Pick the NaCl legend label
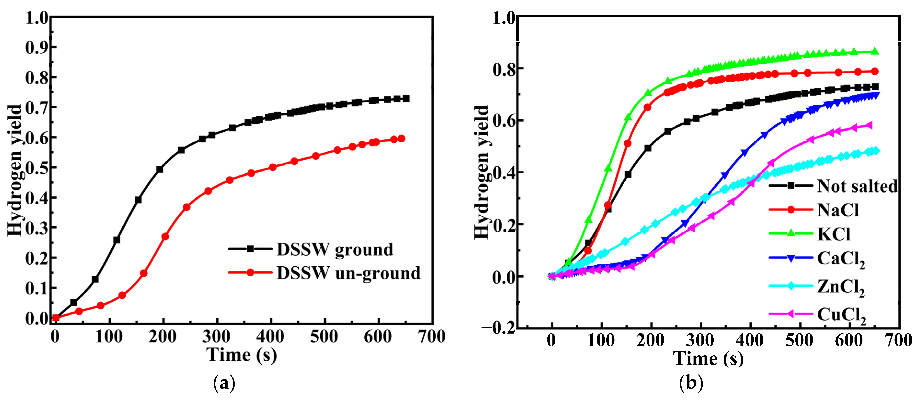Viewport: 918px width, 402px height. click(838, 210)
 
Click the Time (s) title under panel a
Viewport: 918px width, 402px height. click(242, 355)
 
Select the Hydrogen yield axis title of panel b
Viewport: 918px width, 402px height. click(482, 172)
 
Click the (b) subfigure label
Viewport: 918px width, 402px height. click(691, 383)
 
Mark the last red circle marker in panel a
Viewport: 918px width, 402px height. click(401, 139)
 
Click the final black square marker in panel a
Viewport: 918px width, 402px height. click(406, 98)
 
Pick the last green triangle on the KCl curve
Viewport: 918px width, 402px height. click(874, 52)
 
